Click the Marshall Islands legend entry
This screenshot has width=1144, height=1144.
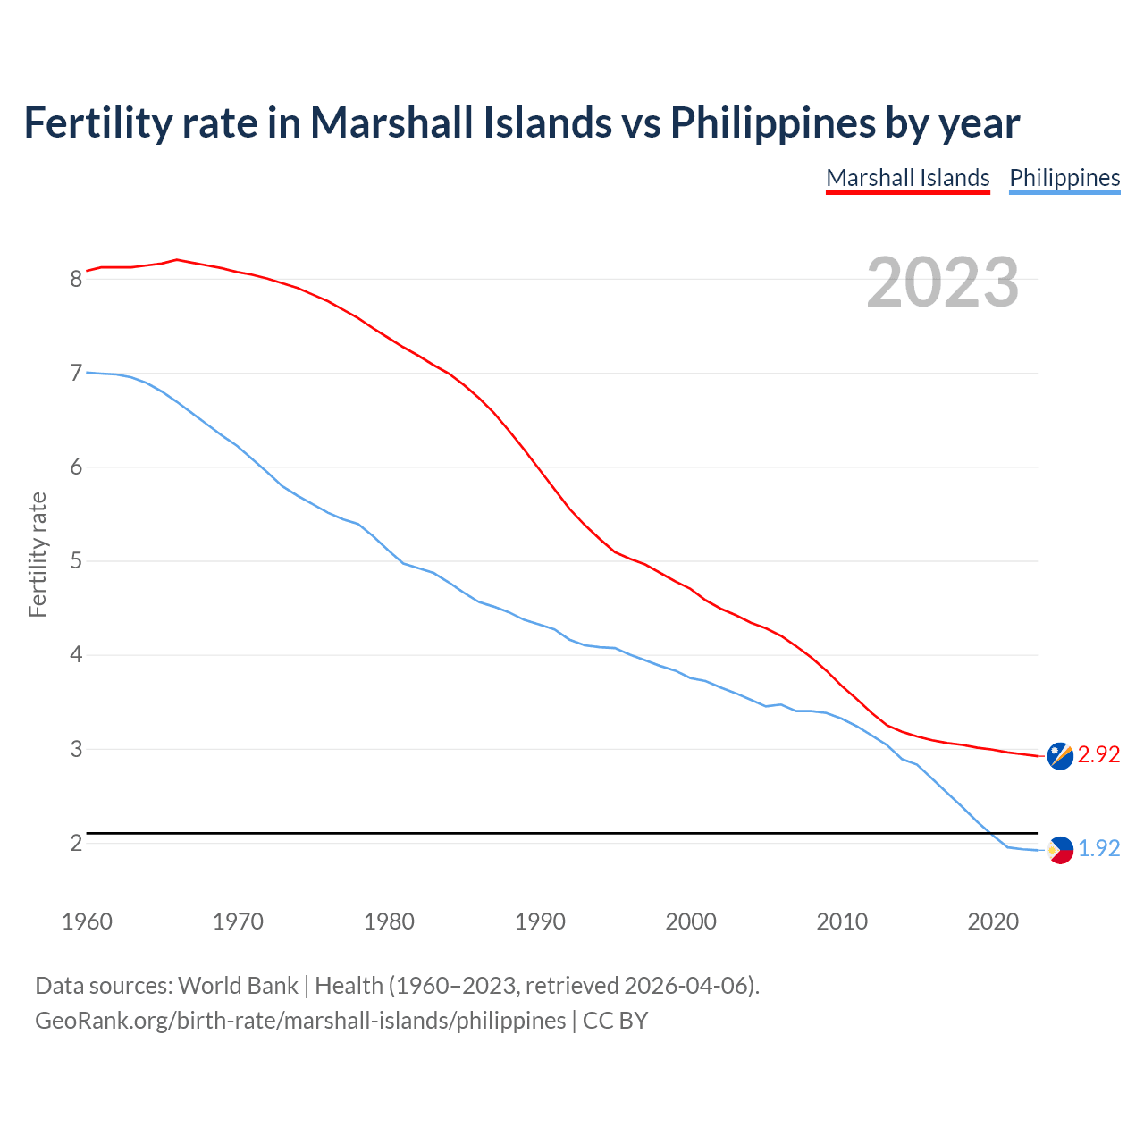point(908,178)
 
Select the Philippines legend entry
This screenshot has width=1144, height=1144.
point(1064,178)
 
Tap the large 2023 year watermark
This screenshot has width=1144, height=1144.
point(943,282)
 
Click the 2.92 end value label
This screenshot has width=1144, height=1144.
point(1098,754)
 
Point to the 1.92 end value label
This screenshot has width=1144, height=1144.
point(1098,848)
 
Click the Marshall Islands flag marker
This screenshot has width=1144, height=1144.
point(1060,755)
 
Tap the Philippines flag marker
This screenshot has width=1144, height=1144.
point(1060,850)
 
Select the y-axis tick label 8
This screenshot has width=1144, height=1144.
point(76,279)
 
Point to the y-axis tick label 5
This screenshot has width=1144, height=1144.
point(76,561)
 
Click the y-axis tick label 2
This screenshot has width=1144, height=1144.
point(76,843)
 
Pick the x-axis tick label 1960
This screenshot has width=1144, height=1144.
point(87,921)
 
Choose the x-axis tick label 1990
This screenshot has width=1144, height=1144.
point(540,921)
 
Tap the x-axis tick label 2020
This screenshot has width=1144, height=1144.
point(993,921)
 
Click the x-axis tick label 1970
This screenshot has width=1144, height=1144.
point(238,921)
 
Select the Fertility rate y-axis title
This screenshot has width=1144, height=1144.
point(38,554)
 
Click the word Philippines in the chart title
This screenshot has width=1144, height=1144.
point(773,122)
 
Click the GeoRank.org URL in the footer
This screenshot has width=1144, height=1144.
point(300,1021)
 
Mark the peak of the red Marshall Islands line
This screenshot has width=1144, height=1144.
point(177,259)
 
